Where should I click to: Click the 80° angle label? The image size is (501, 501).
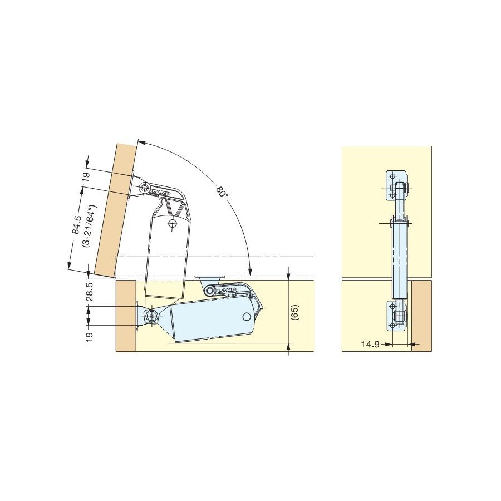(222, 193)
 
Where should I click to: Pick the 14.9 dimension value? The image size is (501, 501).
(370, 345)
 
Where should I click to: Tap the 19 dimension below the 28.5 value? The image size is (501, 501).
(90, 336)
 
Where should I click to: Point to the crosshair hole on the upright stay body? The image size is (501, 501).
(173, 223)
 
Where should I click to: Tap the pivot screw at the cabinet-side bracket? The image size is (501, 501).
(153, 316)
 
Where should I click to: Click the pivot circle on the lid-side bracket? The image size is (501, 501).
(144, 187)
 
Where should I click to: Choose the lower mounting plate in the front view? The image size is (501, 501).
(397, 316)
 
